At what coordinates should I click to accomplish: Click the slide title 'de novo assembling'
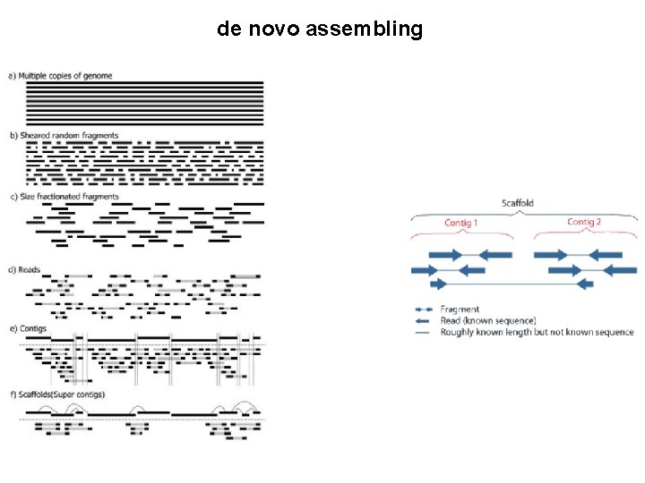tap(319, 30)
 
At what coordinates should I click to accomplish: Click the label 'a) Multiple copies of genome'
tap(61, 76)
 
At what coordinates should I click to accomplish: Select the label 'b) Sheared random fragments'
tap(64, 136)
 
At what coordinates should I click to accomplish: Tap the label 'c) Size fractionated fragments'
tap(64, 197)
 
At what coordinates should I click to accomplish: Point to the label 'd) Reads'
tap(24, 269)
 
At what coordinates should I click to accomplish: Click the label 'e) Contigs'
tap(28, 329)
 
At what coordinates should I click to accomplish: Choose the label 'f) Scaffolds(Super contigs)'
tap(57, 394)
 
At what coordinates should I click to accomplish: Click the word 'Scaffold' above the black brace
tap(518, 203)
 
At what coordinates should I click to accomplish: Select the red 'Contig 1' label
tap(461, 223)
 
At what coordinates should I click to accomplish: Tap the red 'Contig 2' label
tap(584, 222)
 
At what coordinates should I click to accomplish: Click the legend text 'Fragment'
tap(460, 309)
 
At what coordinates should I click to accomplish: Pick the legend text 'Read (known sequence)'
tap(487, 320)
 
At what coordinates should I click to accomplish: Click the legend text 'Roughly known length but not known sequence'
tap(537, 332)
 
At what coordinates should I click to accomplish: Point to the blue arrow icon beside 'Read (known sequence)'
tap(423, 320)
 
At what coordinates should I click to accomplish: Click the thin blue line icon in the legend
tap(423, 332)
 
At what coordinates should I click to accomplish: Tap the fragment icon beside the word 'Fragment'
tap(423, 309)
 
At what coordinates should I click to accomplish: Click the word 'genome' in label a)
tap(98, 76)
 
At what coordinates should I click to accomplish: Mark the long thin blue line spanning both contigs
tap(511, 284)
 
